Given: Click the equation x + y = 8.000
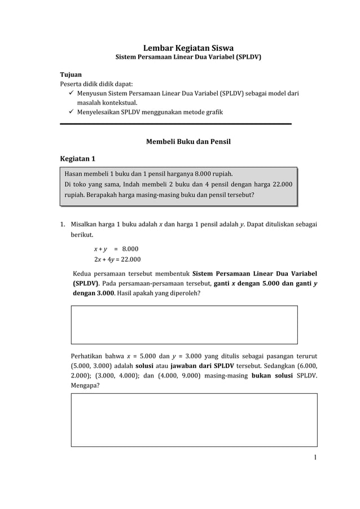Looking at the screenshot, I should (116, 249).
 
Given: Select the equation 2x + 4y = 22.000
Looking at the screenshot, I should (117, 260).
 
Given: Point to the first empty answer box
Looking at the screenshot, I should (184, 324).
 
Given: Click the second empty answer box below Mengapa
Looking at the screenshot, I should (194, 419).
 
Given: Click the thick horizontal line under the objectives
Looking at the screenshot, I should (175, 124).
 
